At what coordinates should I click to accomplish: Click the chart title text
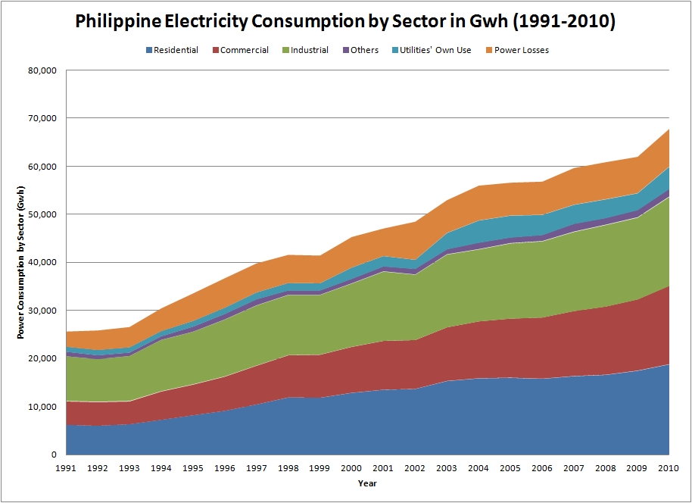tap(345, 22)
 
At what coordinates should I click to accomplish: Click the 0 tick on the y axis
tap(55, 455)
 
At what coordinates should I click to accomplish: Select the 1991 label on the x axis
tap(67, 468)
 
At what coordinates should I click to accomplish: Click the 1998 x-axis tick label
tap(289, 468)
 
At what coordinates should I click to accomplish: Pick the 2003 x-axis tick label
tap(448, 468)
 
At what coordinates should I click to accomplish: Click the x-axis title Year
tap(368, 483)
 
